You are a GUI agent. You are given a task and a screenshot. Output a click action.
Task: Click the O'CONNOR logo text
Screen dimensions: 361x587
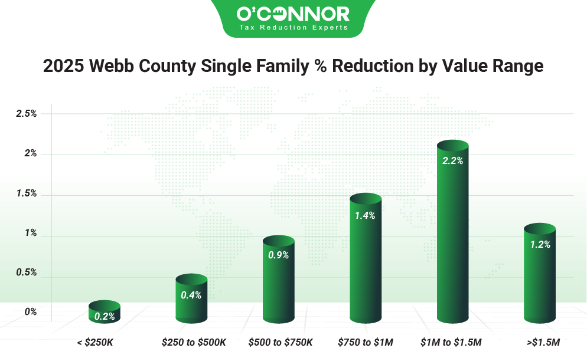coord(293,14)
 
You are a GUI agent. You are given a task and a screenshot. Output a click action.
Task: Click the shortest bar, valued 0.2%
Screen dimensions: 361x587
coord(105,313)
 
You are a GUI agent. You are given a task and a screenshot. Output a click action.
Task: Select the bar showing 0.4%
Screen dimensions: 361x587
coord(191,304)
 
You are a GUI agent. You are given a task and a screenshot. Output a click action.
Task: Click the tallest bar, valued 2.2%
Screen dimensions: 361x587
coord(452,236)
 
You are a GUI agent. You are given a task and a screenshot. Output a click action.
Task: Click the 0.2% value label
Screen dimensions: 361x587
coord(105,316)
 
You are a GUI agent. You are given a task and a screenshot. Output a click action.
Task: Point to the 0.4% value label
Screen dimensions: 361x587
coord(191,295)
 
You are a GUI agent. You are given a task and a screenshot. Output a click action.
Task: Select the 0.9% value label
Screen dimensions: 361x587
coord(278,255)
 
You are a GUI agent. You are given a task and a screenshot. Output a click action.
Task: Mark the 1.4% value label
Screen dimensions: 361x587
coord(365,215)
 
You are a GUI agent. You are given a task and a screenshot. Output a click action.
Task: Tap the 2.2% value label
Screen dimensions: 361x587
coord(452,160)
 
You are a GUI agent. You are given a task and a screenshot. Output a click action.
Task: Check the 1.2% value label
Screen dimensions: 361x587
coord(539,244)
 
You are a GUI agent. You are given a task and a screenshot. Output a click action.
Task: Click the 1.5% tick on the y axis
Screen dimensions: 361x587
coord(26,193)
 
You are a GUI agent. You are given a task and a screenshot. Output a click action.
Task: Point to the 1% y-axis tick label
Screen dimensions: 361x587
coord(31,233)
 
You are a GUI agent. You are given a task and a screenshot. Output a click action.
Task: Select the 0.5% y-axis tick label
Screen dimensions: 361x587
coord(26,273)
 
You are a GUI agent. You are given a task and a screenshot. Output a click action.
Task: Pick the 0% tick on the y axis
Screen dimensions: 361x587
coord(31,311)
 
